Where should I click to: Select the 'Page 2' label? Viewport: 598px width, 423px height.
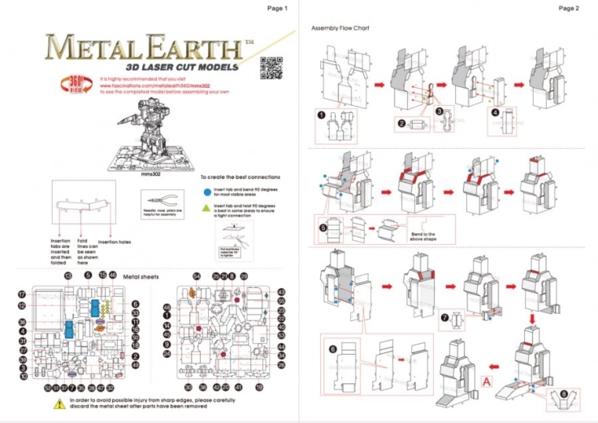569,8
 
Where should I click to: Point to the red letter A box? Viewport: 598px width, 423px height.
487,380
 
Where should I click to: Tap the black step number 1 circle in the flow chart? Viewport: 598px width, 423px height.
322,115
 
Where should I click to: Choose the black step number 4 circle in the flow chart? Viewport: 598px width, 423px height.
495,113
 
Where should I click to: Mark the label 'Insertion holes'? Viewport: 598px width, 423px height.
115,242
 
